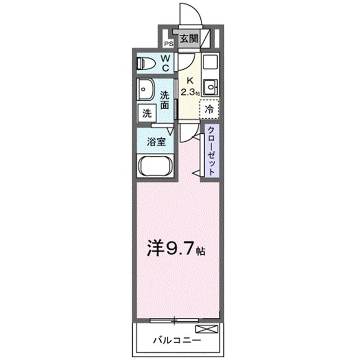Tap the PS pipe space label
tap(168, 43)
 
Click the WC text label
tap(167, 63)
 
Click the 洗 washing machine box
tap(146, 112)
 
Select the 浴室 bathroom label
tap(156, 142)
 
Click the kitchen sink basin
tap(210, 87)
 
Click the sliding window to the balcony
tap(175, 320)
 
